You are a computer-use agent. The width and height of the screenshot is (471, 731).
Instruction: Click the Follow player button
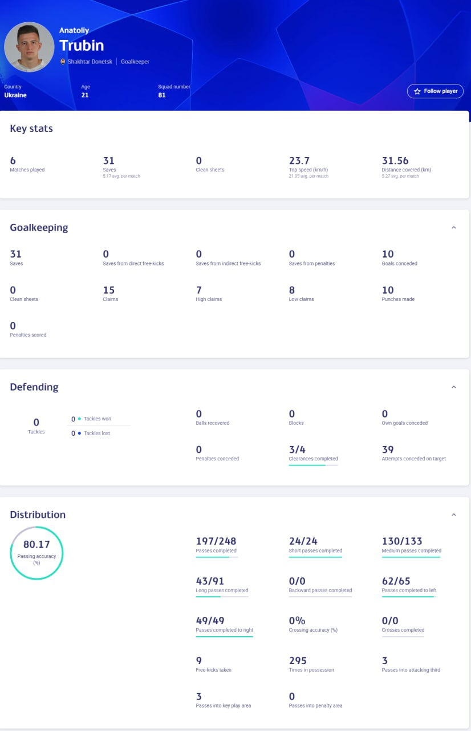(x=435, y=91)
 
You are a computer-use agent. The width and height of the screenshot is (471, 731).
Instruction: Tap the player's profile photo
(x=29, y=47)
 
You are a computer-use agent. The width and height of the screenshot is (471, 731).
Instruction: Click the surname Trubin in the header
(x=82, y=46)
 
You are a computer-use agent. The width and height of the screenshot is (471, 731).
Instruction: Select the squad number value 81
(x=162, y=95)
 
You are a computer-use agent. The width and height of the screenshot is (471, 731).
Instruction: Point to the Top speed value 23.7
(x=299, y=161)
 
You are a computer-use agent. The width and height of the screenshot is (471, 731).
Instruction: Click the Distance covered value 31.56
(x=395, y=161)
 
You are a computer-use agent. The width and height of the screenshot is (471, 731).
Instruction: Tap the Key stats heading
(x=31, y=128)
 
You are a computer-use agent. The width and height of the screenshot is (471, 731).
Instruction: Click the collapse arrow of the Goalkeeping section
(x=454, y=228)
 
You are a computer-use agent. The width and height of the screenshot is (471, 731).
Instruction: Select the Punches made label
(x=398, y=299)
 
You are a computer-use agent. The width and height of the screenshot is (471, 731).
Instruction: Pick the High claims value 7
(x=199, y=290)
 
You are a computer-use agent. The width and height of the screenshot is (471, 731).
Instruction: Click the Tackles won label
(x=98, y=419)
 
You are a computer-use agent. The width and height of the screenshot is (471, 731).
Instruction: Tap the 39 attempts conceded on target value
(x=388, y=449)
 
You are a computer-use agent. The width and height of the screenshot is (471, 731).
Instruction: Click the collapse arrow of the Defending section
(x=454, y=387)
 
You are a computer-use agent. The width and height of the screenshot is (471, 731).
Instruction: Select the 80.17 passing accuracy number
(x=36, y=544)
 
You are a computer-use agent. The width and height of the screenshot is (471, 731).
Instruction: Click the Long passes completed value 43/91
(x=210, y=581)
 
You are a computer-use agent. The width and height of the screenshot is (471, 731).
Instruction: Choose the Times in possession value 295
(x=298, y=661)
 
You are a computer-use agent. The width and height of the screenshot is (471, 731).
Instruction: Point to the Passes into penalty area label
(x=315, y=706)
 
